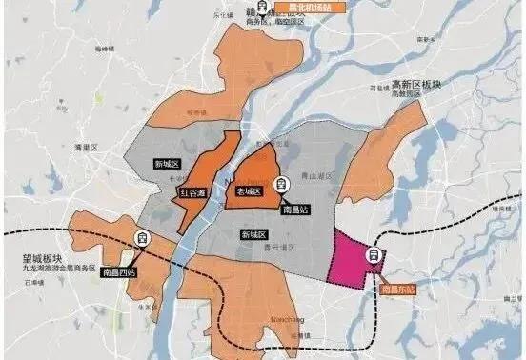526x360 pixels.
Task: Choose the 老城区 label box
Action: [x=249, y=191]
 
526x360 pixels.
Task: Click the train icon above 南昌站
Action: [x=280, y=185]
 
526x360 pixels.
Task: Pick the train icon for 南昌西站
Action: [x=143, y=238]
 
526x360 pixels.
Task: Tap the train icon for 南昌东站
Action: [x=375, y=254]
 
